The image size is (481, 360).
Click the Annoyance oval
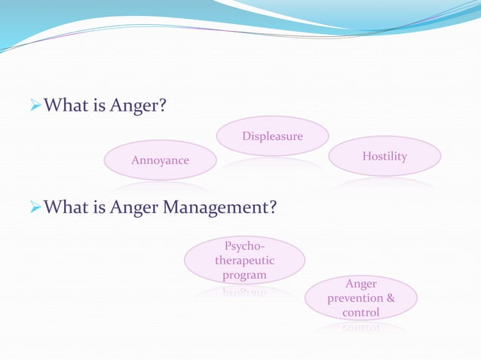(x=160, y=160)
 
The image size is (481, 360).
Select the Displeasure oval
(x=272, y=136)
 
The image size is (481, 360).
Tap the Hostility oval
(x=384, y=157)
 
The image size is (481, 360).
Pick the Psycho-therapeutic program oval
(x=244, y=261)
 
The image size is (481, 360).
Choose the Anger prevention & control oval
(x=360, y=297)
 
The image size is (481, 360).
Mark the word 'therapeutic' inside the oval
(x=244, y=261)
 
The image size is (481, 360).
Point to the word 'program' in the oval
(x=244, y=276)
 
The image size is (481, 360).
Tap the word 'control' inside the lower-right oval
(x=360, y=312)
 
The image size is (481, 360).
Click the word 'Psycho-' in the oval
(x=244, y=246)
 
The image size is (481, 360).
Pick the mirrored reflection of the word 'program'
(x=244, y=291)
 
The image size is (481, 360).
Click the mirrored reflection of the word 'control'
(x=360, y=327)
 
